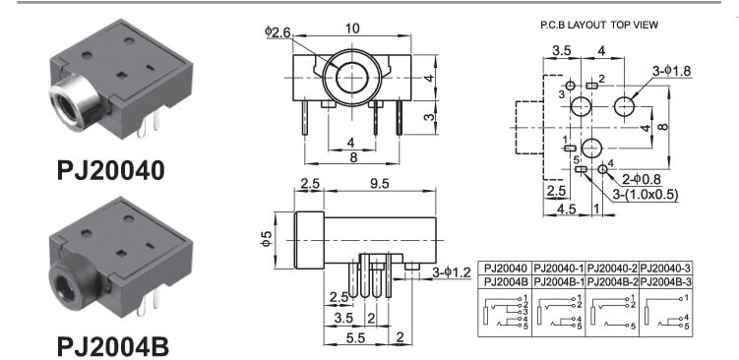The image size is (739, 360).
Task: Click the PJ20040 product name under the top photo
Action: click(x=111, y=170)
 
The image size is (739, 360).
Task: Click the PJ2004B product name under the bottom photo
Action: click(x=112, y=347)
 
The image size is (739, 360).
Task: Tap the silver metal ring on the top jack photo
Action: click(x=71, y=104)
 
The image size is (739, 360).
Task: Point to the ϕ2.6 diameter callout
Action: click(x=278, y=32)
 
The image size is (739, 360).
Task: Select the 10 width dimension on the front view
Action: click(x=352, y=29)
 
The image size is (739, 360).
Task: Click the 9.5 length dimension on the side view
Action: click(x=380, y=184)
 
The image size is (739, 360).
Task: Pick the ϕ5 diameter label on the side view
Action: click(x=267, y=238)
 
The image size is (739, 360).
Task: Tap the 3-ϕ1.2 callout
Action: click(x=452, y=272)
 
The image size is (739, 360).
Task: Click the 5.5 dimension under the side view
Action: click(x=355, y=337)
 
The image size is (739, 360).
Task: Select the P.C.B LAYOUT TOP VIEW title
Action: click(x=599, y=25)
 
